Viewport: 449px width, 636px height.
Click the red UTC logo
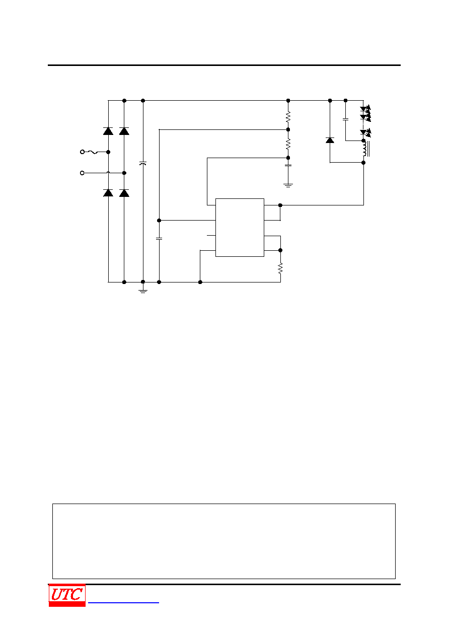[x=67, y=595]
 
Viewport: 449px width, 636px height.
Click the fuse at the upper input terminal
[x=93, y=153]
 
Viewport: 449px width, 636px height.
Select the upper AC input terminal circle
[x=83, y=152]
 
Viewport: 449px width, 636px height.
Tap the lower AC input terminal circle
[x=83, y=173]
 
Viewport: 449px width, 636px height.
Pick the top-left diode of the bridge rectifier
[x=108, y=131]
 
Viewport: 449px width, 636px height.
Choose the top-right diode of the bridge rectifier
[x=124, y=131]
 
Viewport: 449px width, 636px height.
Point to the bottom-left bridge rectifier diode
[x=108, y=193]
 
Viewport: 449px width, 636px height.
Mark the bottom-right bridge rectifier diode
[x=124, y=193]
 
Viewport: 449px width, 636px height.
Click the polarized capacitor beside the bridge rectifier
[x=143, y=164]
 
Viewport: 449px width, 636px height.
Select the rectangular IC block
[x=240, y=228]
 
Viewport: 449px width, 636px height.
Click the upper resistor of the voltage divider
[x=288, y=117]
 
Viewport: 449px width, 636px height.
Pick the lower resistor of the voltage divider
[x=288, y=144]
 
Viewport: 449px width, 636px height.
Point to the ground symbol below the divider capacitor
[x=288, y=185]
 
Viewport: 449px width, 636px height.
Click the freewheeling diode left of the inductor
[x=330, y=140]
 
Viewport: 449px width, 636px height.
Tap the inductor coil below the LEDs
[x=365, y=149]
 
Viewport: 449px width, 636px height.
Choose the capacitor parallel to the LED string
[x=345, y=119]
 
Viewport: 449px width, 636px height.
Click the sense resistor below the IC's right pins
[x=280, y=268]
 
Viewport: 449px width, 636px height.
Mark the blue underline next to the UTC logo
[x=123, y=602]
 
